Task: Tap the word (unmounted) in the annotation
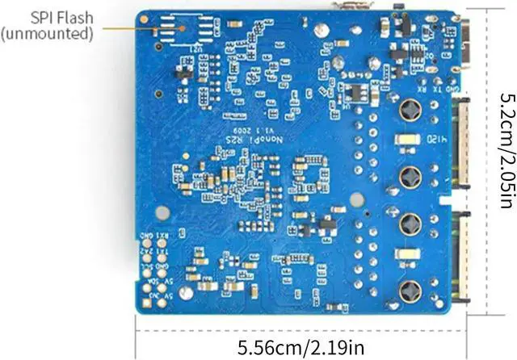46,33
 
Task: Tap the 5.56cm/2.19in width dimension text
300,347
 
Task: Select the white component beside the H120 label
409,140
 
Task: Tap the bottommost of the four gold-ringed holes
409,291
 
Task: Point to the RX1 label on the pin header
164,237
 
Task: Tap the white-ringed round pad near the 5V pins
187,291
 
